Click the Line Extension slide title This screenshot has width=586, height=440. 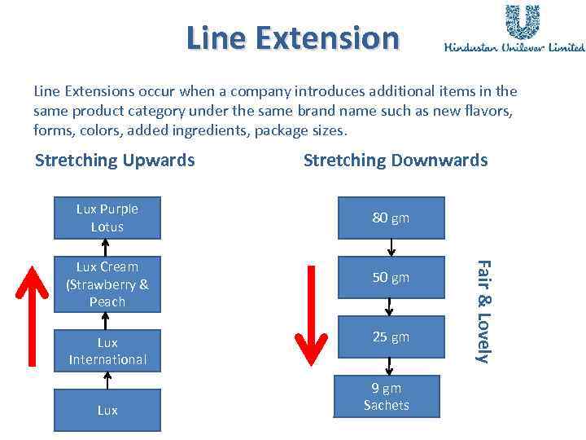pyautogui.click(x=293, y=37)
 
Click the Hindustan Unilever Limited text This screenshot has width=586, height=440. pyautogui.click(x=514, y=47)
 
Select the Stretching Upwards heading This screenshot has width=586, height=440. pyautogui.click(x=115, y=161)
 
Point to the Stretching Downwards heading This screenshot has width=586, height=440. pyautogui.click(x=396, y=161)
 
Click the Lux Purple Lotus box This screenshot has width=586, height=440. pyautogui.click(x=107, y=218)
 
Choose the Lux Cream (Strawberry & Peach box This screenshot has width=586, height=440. pyautogui.click(x=107, y=284)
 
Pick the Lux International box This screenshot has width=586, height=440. pyautogui.click(x=107, y=351)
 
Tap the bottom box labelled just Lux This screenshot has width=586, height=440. pyautogui.click(x=107, y=410)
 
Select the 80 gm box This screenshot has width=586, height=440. pyautogui.click(x=391, y=218)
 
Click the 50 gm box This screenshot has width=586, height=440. pyautogui.click(x=391, y=278)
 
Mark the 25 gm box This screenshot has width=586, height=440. pyautogui.click(x=391, y=337)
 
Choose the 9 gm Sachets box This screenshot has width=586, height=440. pyautogui.click(x=387, y=397)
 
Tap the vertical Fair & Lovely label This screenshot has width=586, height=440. pyautogui.click(x=483, y=311)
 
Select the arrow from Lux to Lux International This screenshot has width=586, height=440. pyautogui.click(x=107, y=380)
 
